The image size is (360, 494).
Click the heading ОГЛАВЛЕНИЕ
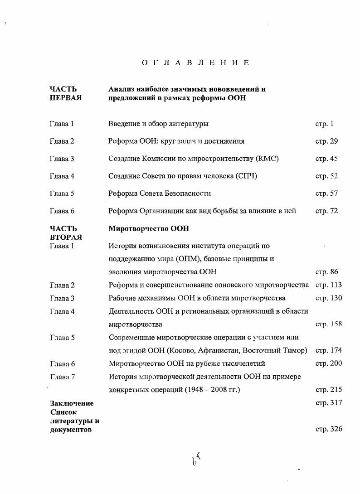coord(195,63)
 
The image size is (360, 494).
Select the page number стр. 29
coord(326,141)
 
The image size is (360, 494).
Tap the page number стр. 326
coord(329,429)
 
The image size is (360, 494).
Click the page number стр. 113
coord(329,285)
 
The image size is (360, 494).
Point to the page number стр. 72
coord(326,211)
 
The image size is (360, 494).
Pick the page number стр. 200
coord(329,363)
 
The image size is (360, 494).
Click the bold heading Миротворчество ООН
coord(149,229)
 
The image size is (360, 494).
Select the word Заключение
coord(71,403)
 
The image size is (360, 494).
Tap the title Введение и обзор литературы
coord(158,124)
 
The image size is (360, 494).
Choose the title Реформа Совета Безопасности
coord(160,194)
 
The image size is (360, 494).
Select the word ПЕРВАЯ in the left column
coord(65,98)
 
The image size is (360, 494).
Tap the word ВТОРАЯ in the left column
coord(65,237)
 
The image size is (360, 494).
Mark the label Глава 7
coord(62,377)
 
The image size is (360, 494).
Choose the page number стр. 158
coord(329,324)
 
